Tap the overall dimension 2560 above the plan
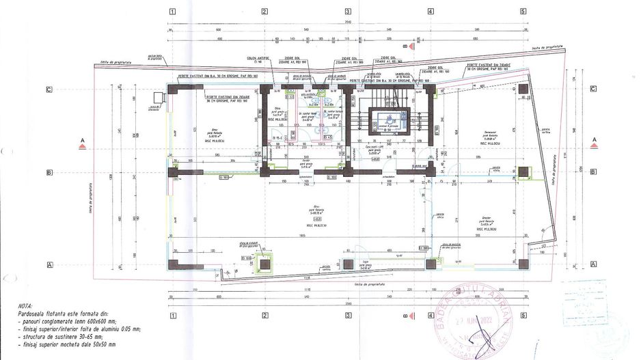[x=348, y=22]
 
